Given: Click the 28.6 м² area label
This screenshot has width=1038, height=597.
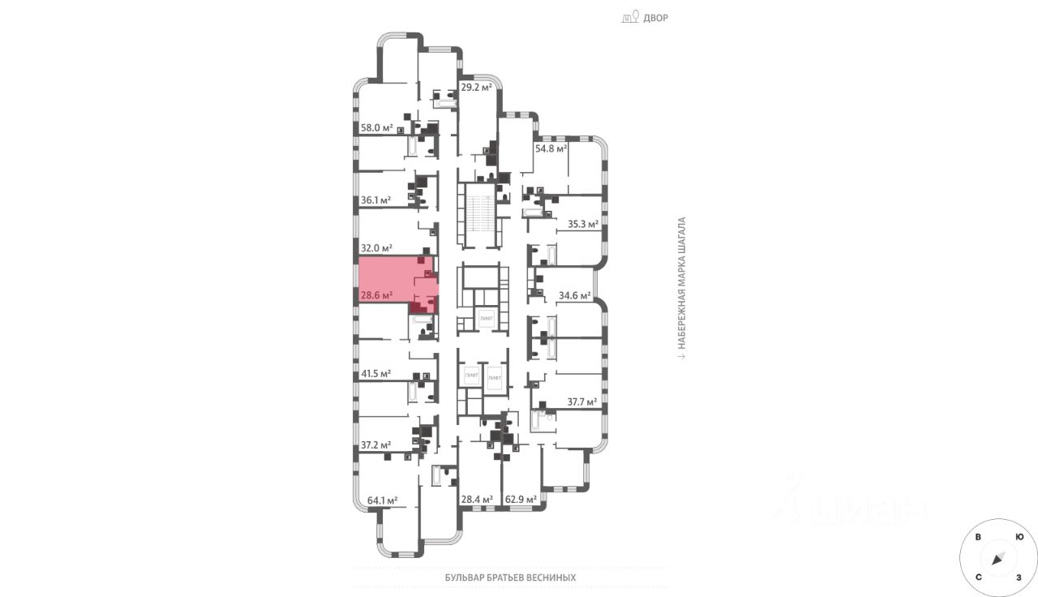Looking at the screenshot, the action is [376, 296].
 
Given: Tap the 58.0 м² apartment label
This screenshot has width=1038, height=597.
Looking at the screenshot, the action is [376, 128].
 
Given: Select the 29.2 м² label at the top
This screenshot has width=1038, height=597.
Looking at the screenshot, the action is [477, 87].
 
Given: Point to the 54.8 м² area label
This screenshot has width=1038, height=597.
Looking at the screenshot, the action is [550, 149].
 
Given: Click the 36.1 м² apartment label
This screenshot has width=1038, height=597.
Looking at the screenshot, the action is [376, 200].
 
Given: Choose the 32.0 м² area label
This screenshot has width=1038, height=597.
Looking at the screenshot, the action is [376, 248].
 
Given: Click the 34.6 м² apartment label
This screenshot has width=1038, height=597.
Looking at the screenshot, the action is [575, 296].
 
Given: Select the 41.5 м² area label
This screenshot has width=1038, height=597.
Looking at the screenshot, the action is [376, 374].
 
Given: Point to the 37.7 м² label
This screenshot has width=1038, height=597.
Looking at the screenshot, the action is [581, 402].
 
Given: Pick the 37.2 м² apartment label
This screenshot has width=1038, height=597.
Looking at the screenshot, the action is [376, 445].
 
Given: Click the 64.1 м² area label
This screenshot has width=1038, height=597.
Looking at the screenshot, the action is [382, 500].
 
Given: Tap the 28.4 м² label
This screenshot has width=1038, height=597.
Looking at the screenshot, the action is [477, 500].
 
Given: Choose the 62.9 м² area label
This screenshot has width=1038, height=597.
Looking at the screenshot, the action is [521, 500].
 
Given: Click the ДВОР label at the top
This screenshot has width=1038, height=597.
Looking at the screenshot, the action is [655, 18].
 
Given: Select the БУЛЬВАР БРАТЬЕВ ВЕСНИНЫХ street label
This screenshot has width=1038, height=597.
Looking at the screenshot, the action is [510, 578].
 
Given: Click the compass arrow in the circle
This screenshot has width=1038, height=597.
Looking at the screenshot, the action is [998, 558].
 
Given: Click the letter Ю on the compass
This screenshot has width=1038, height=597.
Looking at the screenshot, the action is [1019, 537].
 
